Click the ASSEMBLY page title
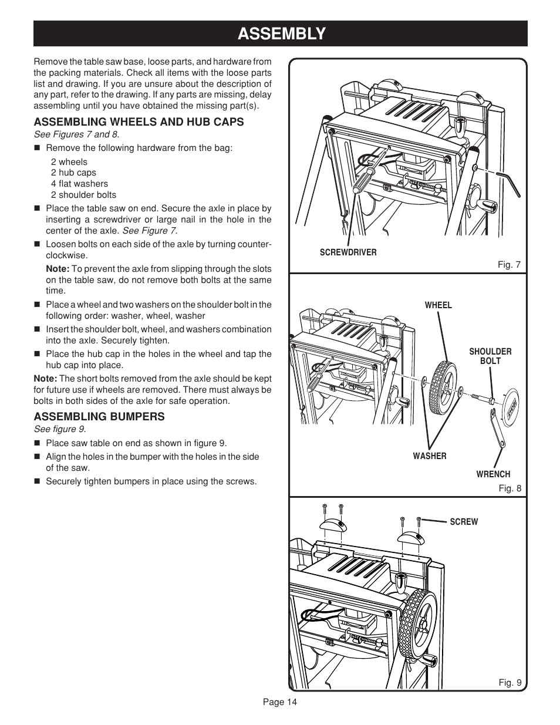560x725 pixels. (281, 33)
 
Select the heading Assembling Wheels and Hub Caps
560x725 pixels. (139, 122)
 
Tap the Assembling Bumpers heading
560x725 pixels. (99, 417)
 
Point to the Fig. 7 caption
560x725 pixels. (510, 265)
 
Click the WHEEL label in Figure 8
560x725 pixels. (438, 305)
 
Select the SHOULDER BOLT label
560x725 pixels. (490, 356)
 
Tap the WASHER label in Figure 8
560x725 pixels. (429, 456)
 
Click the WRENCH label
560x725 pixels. (493, 474)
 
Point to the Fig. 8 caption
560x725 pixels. (510, 488)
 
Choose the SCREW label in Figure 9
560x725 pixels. (464, 522)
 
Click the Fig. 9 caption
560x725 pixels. (510, 682)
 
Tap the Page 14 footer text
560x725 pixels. (280, 702)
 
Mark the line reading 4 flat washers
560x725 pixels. (79, 184)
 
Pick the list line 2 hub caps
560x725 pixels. (73, 173)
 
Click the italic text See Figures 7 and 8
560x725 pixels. (76, 134)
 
